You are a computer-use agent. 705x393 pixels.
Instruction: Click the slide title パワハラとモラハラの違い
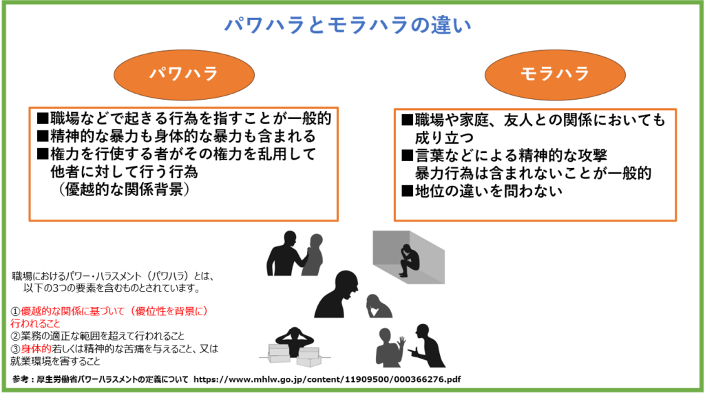coord(348,25)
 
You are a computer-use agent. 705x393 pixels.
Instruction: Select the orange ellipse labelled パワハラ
coord(184,74)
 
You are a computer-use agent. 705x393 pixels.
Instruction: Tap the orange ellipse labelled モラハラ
coord(555,74)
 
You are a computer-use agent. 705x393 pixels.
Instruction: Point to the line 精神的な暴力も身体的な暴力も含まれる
coord(177,136)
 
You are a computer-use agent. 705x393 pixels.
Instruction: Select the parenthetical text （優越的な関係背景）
coord(124,189)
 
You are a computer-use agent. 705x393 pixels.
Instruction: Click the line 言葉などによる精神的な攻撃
coord(505,156)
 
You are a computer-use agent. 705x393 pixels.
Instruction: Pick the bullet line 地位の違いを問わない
coord(482,191)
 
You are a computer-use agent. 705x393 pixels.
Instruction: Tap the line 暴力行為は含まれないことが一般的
coord(534,173)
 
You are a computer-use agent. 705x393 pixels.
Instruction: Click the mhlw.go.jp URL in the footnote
coord(327,379)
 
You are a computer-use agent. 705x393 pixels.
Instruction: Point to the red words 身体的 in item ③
coord(36,348)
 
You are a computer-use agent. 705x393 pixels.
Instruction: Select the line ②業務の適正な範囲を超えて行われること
coord(98,336)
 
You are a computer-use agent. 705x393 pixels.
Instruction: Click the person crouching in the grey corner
coord(410,261)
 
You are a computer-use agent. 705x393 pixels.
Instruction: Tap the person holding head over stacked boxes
coord(295,343)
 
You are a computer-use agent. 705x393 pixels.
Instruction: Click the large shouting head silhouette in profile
coord(337,295)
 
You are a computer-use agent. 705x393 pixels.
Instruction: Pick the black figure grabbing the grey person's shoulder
coord(286,253)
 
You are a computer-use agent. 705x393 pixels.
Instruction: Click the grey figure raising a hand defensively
coord(390,348)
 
